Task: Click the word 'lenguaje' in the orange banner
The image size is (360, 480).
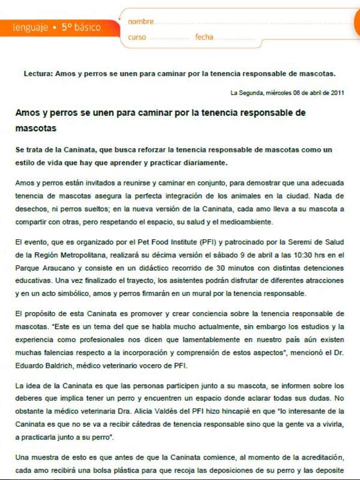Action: click(29, 28)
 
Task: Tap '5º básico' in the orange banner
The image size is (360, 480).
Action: click(80, 27)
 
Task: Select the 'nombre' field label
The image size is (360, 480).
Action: click(141, 22)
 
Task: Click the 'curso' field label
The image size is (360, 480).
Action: click(137, 37)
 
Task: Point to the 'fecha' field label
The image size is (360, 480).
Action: click(204, 37)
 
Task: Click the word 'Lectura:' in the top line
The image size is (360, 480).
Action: click(38, 74)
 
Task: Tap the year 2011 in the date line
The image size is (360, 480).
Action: click(337, 93)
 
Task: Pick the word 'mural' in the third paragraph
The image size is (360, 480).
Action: click(214, 293)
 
